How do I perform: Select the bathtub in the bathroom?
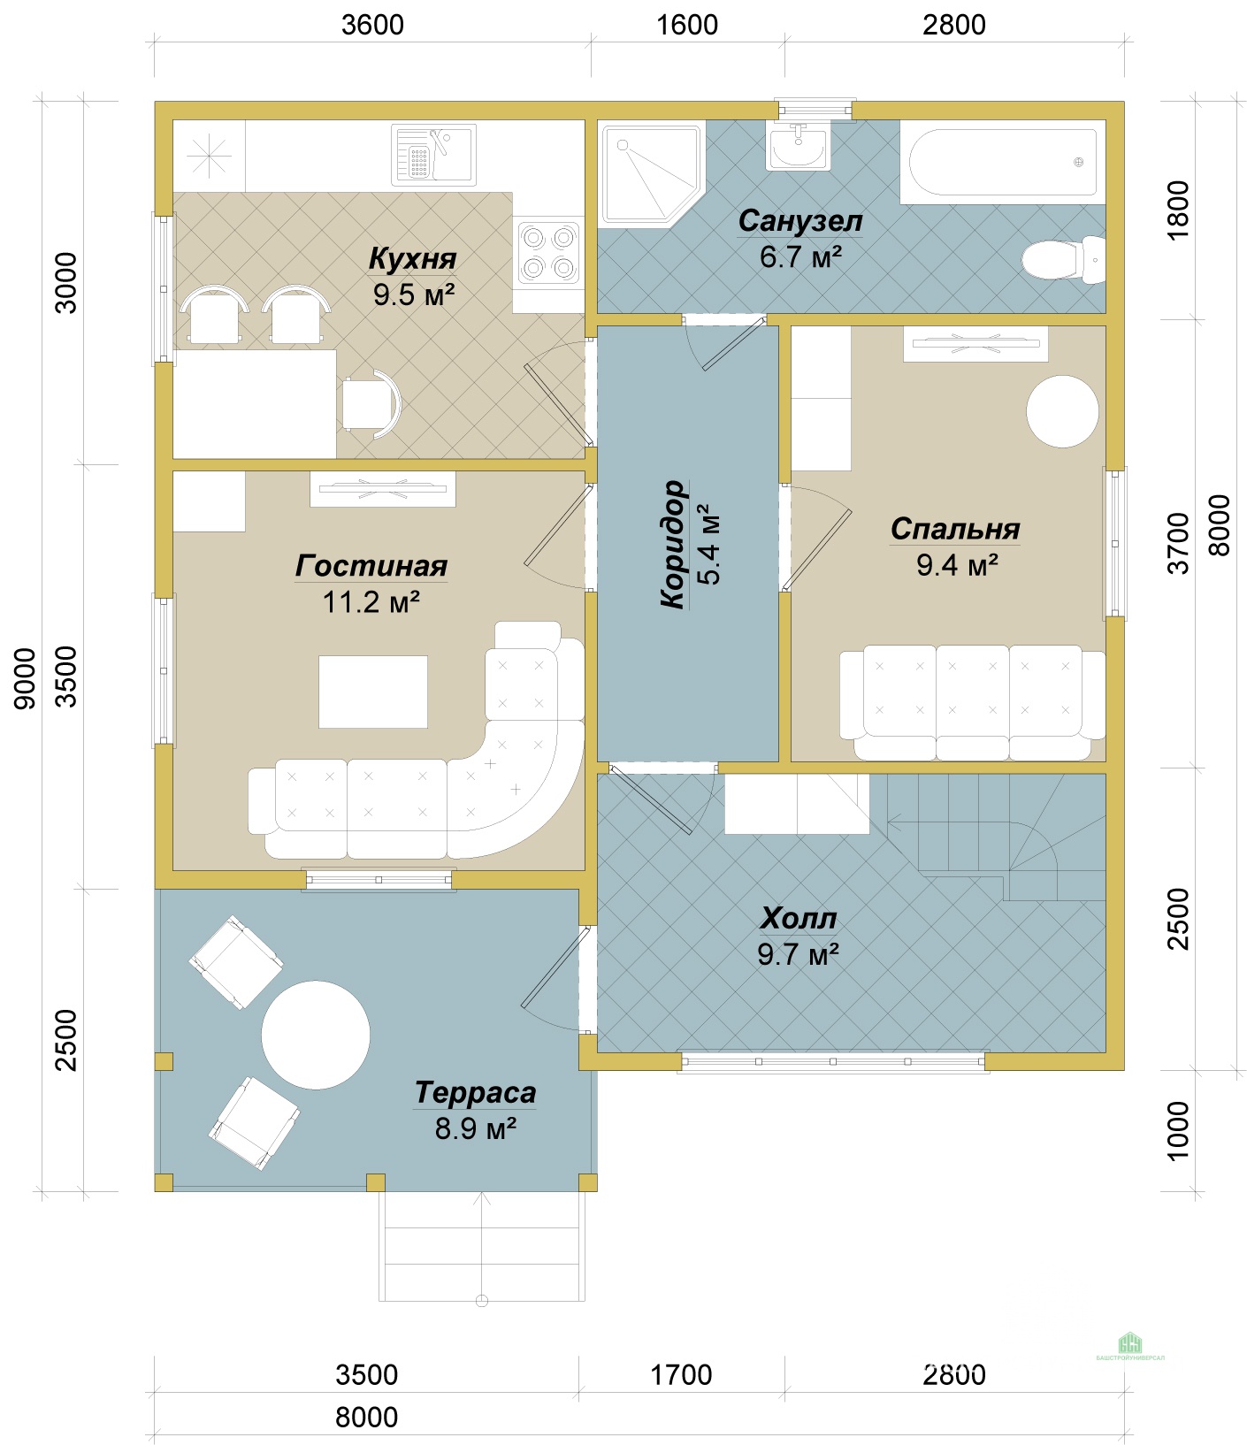click(x=1003, y=162)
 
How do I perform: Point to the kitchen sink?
click(x=433, y=154)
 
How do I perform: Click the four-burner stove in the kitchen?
click(x=548, y=252)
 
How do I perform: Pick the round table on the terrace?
click(x=316, y=1035)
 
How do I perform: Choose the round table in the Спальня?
click(x=1062, y=411)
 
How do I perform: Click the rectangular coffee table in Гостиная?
click(x=373, y=692)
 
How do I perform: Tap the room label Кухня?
click(x=412, y=259)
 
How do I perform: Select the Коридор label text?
click(x=674, y=544)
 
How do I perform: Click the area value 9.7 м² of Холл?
click(x=798, y=955)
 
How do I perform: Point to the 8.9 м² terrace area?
click(x=475, y=1129)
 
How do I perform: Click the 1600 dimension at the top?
click(x=687, y=25)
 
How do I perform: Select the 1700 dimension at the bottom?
click(x=681, y=1375)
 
